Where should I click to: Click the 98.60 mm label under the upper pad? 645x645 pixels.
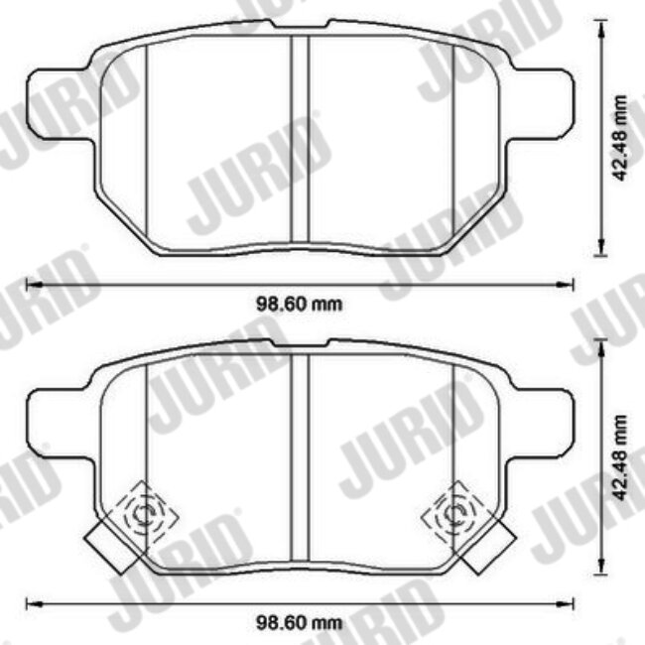[x=300, y=304]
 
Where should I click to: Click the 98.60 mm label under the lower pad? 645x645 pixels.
[x=300, y=623]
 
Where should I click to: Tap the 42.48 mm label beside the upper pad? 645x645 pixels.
[x=619, y=138]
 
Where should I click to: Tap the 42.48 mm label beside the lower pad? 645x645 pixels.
[x=619, y=457]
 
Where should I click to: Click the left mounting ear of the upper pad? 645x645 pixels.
[x=61, y=104]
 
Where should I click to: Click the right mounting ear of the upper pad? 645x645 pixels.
[x=539, y=104]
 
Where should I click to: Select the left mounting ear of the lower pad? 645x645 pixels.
[x=61, y=424]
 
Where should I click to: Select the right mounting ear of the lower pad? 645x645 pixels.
[x=539, y=424]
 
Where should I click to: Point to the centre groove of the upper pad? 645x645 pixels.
[x=300, y=139]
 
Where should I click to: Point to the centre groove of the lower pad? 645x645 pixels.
[x=300, y=457]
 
